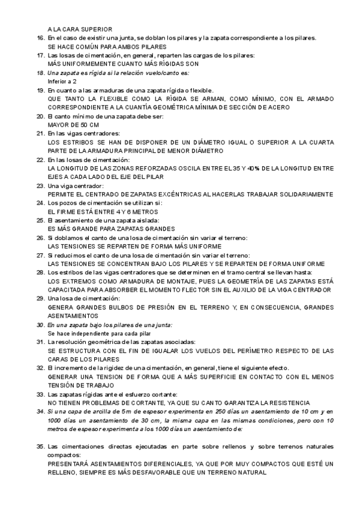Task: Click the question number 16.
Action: [x=40, y=38]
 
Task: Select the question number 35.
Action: [x=40, y=447]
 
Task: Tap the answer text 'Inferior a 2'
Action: [x=62, y=80]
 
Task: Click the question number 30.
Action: [x=40, y=325]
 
